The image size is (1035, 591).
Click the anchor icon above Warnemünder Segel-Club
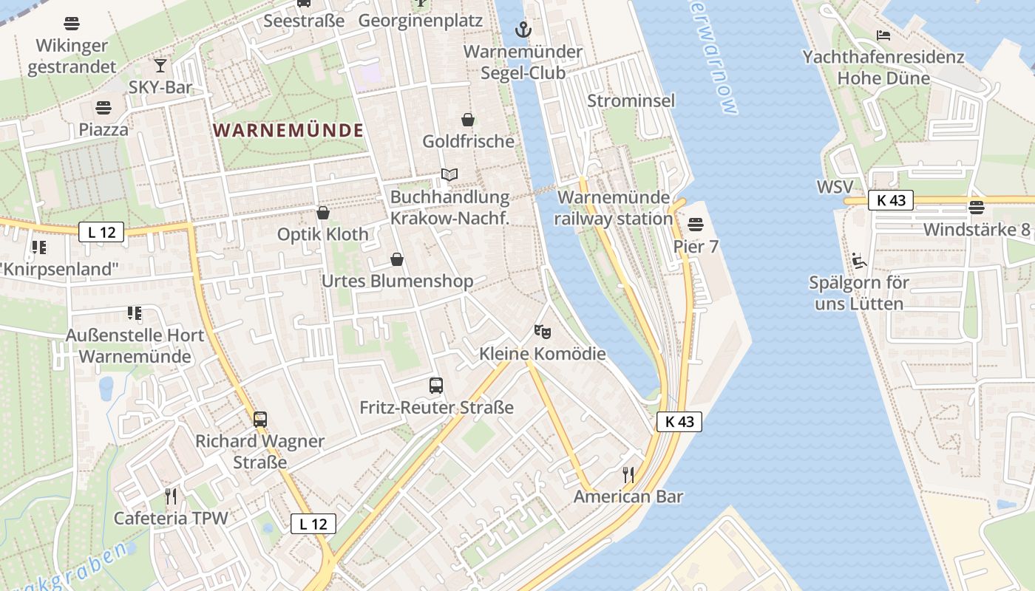[x=523, y=30]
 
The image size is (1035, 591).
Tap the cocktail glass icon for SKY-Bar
[x=160, y=65]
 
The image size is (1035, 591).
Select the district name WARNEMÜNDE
[x=288, y=131]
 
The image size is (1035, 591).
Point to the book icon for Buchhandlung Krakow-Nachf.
[x=449, y=175]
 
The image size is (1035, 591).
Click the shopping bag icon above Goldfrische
[x=468, y=120]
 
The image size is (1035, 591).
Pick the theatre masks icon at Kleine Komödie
[x=543, y=332]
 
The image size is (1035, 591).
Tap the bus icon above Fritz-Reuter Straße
[x=436, y=385]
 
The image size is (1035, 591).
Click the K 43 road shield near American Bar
[x=679, y=422]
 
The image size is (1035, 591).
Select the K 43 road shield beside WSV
[x=890, y=199]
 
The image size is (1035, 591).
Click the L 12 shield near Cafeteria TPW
[x=313, y=524]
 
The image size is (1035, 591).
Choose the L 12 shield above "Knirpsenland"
[x=101, y=232]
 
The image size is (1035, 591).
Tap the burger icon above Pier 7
[x=696, y=224]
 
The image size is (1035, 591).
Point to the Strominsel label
[x=631, y=100]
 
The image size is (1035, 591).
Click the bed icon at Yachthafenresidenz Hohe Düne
[x=883, y=35]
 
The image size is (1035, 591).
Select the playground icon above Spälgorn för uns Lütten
[x=858, y=260]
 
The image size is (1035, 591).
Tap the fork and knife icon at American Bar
[x=628, y=474]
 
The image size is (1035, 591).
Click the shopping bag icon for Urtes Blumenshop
[x=397, y=259]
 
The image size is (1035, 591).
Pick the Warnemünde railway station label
[x=614, y=208]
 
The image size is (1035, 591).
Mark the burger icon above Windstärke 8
[x=977, y=207]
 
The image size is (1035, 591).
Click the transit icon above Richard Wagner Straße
[x=259, y=419]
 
